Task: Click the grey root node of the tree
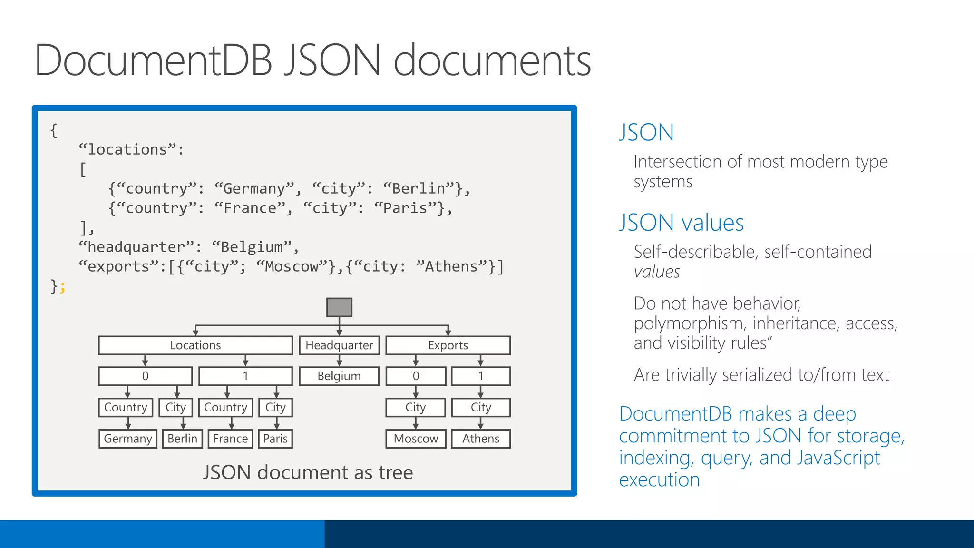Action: coord(339,307)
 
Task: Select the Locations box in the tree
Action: coord(195,345)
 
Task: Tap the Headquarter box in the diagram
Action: coord(339,345)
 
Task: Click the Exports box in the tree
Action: coord(448,345)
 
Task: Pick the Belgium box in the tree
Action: coord(339,376)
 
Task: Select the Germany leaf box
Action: coord(127,439)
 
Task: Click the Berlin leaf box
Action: coord(182,439)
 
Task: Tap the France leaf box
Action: coord(230,439)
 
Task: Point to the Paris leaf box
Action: coord(275,439)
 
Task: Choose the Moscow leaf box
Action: coord(416,439)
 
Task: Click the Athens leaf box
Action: coord(480,439)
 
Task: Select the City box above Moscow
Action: coord(416,408)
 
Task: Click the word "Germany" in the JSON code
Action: coord(254,189)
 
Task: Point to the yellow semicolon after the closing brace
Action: coord(63,287)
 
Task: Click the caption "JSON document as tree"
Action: coord(308,473)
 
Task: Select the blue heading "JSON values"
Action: coord(681,223)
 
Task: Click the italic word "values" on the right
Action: coord(657,272)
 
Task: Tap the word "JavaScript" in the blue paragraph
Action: coord(838,458)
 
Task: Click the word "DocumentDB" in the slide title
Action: coord(153,60)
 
